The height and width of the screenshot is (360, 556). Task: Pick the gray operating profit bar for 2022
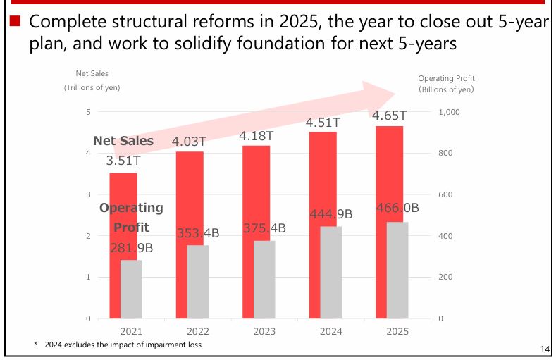(197, 282)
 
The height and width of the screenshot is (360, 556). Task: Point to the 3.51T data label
(123, 161)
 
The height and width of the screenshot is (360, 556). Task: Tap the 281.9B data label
(132, 247)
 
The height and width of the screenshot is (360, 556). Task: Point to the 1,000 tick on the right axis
(449, 112)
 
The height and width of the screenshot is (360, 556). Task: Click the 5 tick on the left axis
(88, 112)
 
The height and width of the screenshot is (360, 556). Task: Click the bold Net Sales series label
(123, 141)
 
